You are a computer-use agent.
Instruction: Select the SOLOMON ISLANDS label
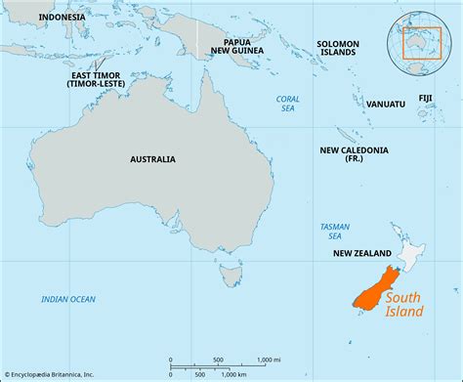tap(338, 48)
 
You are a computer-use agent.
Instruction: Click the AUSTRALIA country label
tap(152, 158)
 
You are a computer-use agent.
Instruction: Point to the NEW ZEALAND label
tap(363, 253)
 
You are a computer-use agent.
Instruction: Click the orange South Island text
tap(404, 305)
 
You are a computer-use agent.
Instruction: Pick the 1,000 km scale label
tap(234, 374)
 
